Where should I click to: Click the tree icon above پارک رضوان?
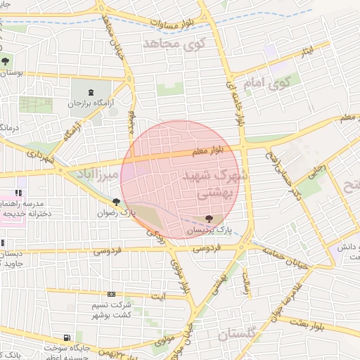click(116, 202)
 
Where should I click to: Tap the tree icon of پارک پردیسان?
click(209, 219)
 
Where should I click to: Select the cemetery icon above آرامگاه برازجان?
click(91, 92)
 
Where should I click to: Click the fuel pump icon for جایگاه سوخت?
click(67, 337)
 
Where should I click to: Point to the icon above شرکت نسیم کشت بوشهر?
click(112, 294)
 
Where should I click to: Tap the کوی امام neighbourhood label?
click(261, 82)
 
